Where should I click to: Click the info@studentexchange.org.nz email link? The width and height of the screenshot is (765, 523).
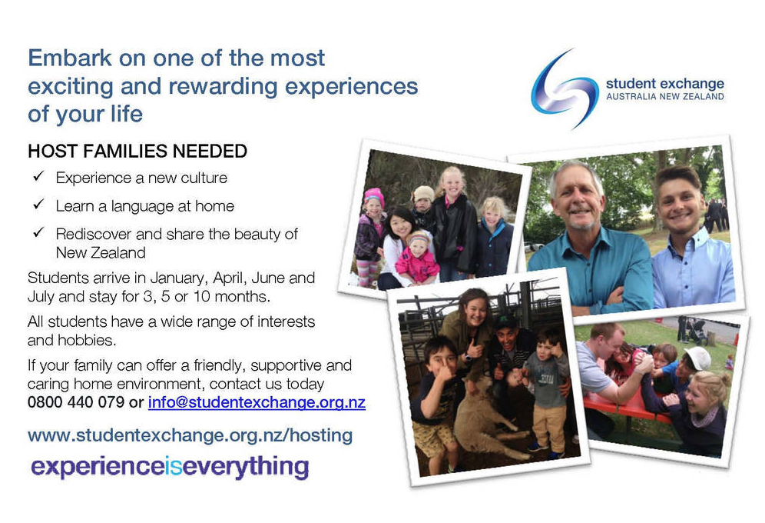coord(257,402)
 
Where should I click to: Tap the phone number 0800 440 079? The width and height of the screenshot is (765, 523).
coord(75,402)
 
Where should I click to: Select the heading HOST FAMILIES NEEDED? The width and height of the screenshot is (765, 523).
coord(137,152)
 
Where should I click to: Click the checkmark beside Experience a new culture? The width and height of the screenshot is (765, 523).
coord(38,176)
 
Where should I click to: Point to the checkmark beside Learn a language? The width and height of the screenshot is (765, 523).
coord(38,204)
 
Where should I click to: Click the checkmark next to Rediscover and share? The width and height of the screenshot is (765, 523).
coord(38,232)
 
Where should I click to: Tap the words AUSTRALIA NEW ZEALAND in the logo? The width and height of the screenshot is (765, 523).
coord(665,97)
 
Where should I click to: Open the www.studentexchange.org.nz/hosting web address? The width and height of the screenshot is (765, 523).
coord(190,435)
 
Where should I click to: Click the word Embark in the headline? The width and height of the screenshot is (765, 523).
coord(70,58)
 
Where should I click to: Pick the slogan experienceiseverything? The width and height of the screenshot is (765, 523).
coord(170,466)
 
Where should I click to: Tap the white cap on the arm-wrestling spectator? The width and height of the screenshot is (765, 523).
coord(697,358)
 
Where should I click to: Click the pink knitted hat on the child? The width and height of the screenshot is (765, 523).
coord(374,197)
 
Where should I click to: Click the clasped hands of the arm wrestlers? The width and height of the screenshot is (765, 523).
coord(643,361)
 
